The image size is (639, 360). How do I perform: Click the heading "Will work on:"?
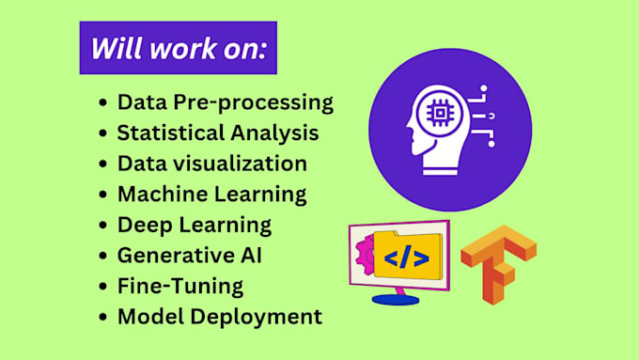pyautogui.click(x=178, y=49)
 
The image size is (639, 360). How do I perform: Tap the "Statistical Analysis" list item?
pyautogui.click(x=218, y=133)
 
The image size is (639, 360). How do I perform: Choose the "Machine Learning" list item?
pyautogui.click(x=212, y=194)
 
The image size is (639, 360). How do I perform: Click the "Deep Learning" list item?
pyautogui.click(x=195, y=225)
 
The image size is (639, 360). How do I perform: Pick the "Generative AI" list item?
pyautogui.click(x=189, y=255)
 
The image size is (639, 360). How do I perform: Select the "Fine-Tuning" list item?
pyautogui.click(x=180, y=285)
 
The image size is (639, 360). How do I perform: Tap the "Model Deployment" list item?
pyautogui.click(x=219, y=316)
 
